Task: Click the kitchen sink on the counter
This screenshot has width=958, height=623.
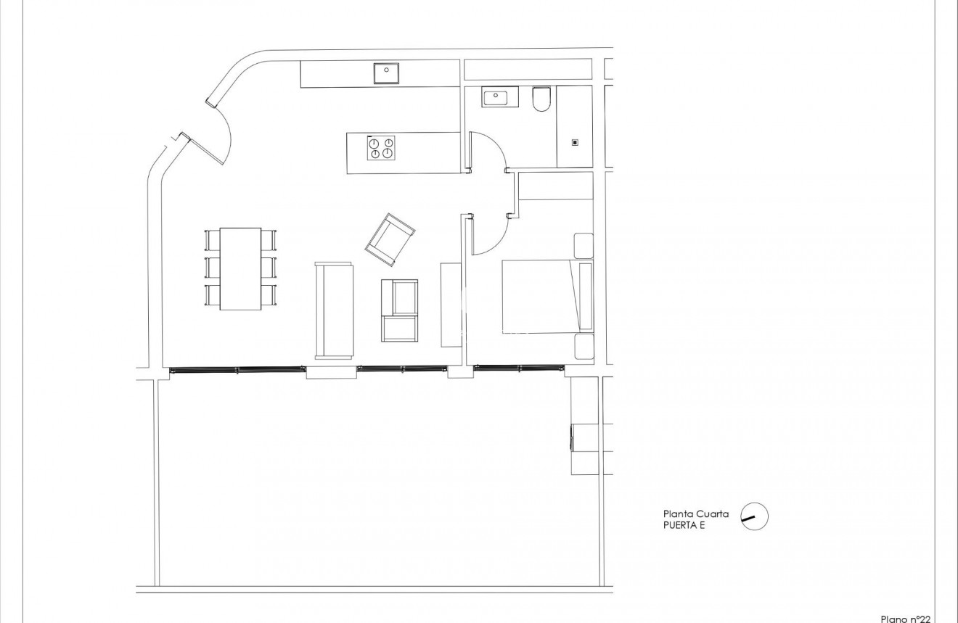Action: (x=387, y=73)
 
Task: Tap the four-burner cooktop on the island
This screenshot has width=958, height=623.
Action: (x=381, y=147)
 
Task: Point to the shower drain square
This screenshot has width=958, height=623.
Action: (x=575, y=143)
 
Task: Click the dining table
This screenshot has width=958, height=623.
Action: (x=240, y=268)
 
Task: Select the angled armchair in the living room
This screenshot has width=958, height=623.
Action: (x=390, y=239)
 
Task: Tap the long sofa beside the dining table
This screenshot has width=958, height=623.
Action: (x=334, y=310)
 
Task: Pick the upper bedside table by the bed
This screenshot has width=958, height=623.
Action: (x=584, y=245)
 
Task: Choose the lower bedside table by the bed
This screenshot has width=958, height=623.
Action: (x=584, y=347)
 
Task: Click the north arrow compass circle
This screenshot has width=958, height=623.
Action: (x=754, y=517)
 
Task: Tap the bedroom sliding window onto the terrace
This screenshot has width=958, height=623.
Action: (x=519, y=368)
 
